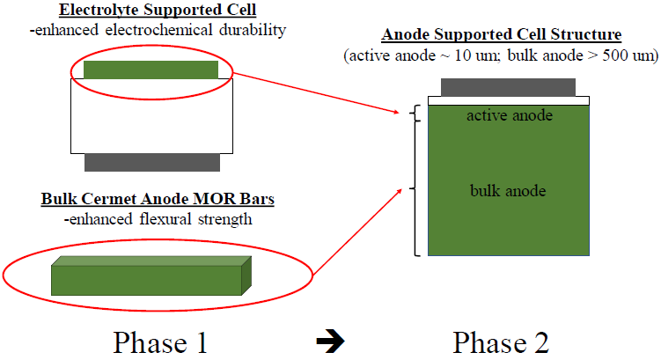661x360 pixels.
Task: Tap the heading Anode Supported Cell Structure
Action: (x=502, y=36)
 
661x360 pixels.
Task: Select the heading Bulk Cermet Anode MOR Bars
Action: (x=158, y=199)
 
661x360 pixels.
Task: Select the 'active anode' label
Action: (x=509, y=115)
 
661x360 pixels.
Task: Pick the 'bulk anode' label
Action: (x=509, y=190)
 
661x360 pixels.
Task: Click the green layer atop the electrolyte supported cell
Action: (x=151, y=69)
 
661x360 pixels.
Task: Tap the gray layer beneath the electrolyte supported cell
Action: (x=151, y=162)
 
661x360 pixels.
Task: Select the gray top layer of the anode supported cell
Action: (x=509, y=87)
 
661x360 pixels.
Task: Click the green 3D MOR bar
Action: (x=151, y=276)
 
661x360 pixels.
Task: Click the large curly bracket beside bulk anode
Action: (x=415, y=188)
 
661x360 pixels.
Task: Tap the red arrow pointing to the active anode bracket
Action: (x=317, y=94)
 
